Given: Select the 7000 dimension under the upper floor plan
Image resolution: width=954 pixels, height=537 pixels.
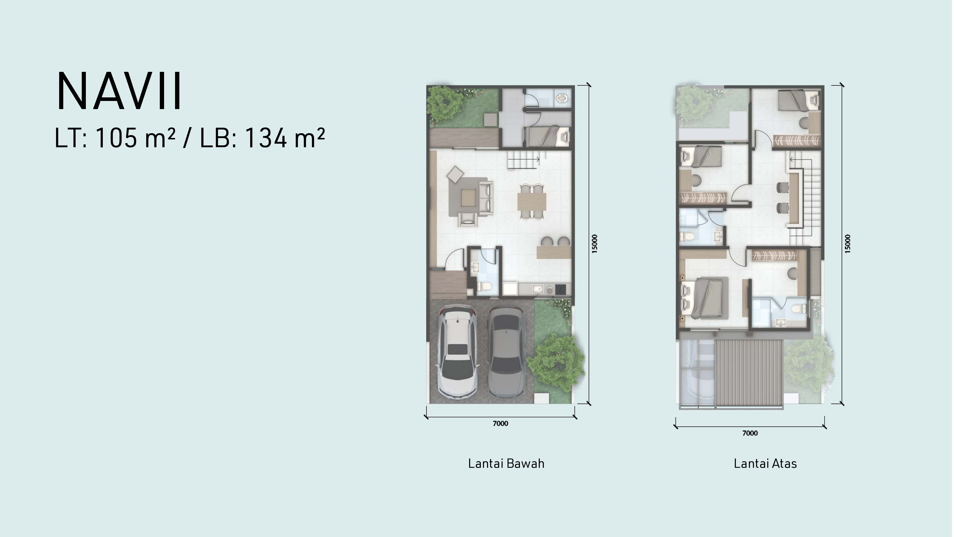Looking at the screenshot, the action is coord(750,433).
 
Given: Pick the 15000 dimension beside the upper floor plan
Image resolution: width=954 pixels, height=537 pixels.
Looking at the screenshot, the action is coord(848,244).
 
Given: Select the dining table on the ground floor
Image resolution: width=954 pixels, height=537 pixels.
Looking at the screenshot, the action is coord(532,202).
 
